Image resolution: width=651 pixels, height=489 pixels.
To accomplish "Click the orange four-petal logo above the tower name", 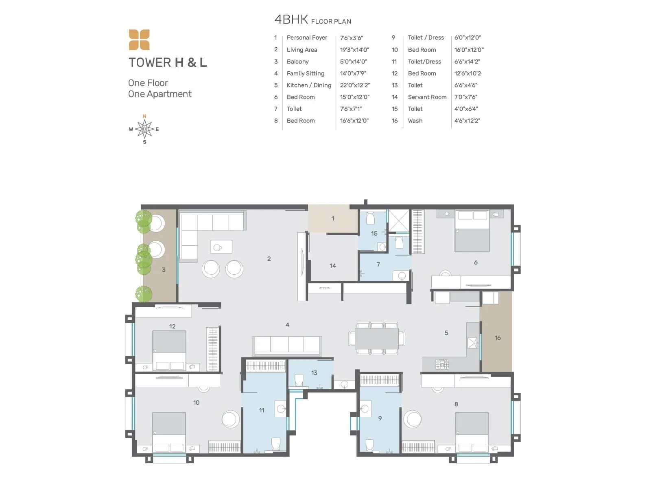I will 139,40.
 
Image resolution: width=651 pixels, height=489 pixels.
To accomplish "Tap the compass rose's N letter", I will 144,117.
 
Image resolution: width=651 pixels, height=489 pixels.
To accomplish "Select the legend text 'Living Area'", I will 301,50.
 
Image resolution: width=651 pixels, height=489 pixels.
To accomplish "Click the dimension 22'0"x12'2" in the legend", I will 355,85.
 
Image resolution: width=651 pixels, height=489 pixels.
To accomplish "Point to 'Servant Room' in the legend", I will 427,97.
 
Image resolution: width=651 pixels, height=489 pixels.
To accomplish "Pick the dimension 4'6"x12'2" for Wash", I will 467,121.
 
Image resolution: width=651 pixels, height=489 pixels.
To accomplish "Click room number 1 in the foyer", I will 332,218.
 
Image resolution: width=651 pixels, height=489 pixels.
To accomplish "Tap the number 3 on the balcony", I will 164,270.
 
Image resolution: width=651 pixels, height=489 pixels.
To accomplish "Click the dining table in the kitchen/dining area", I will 377,338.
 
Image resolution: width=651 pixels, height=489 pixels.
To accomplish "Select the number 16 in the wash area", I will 497,338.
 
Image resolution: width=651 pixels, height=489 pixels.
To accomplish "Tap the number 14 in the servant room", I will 332,266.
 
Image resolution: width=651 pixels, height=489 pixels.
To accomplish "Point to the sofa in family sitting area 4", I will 287,345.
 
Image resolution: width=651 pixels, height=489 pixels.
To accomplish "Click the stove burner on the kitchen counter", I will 442,363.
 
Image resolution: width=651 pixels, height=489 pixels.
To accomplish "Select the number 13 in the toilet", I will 314,373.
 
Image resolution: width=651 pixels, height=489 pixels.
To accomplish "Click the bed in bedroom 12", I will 169,350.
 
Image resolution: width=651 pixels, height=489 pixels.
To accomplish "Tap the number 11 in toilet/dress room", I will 262,410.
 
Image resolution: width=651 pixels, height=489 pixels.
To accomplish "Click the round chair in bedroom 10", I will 230,419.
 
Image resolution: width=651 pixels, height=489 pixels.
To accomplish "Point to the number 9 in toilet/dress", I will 380,418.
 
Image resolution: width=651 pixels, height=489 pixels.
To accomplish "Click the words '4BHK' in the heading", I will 291,19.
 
